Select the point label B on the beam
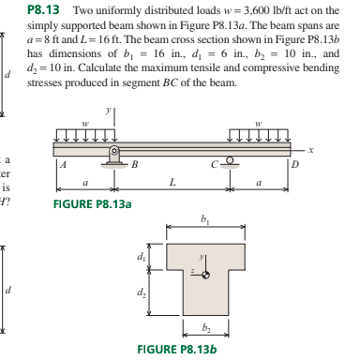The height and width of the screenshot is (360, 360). point(134,165)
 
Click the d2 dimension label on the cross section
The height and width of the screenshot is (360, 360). point(143,292)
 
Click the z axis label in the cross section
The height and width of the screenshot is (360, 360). point(190,268)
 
